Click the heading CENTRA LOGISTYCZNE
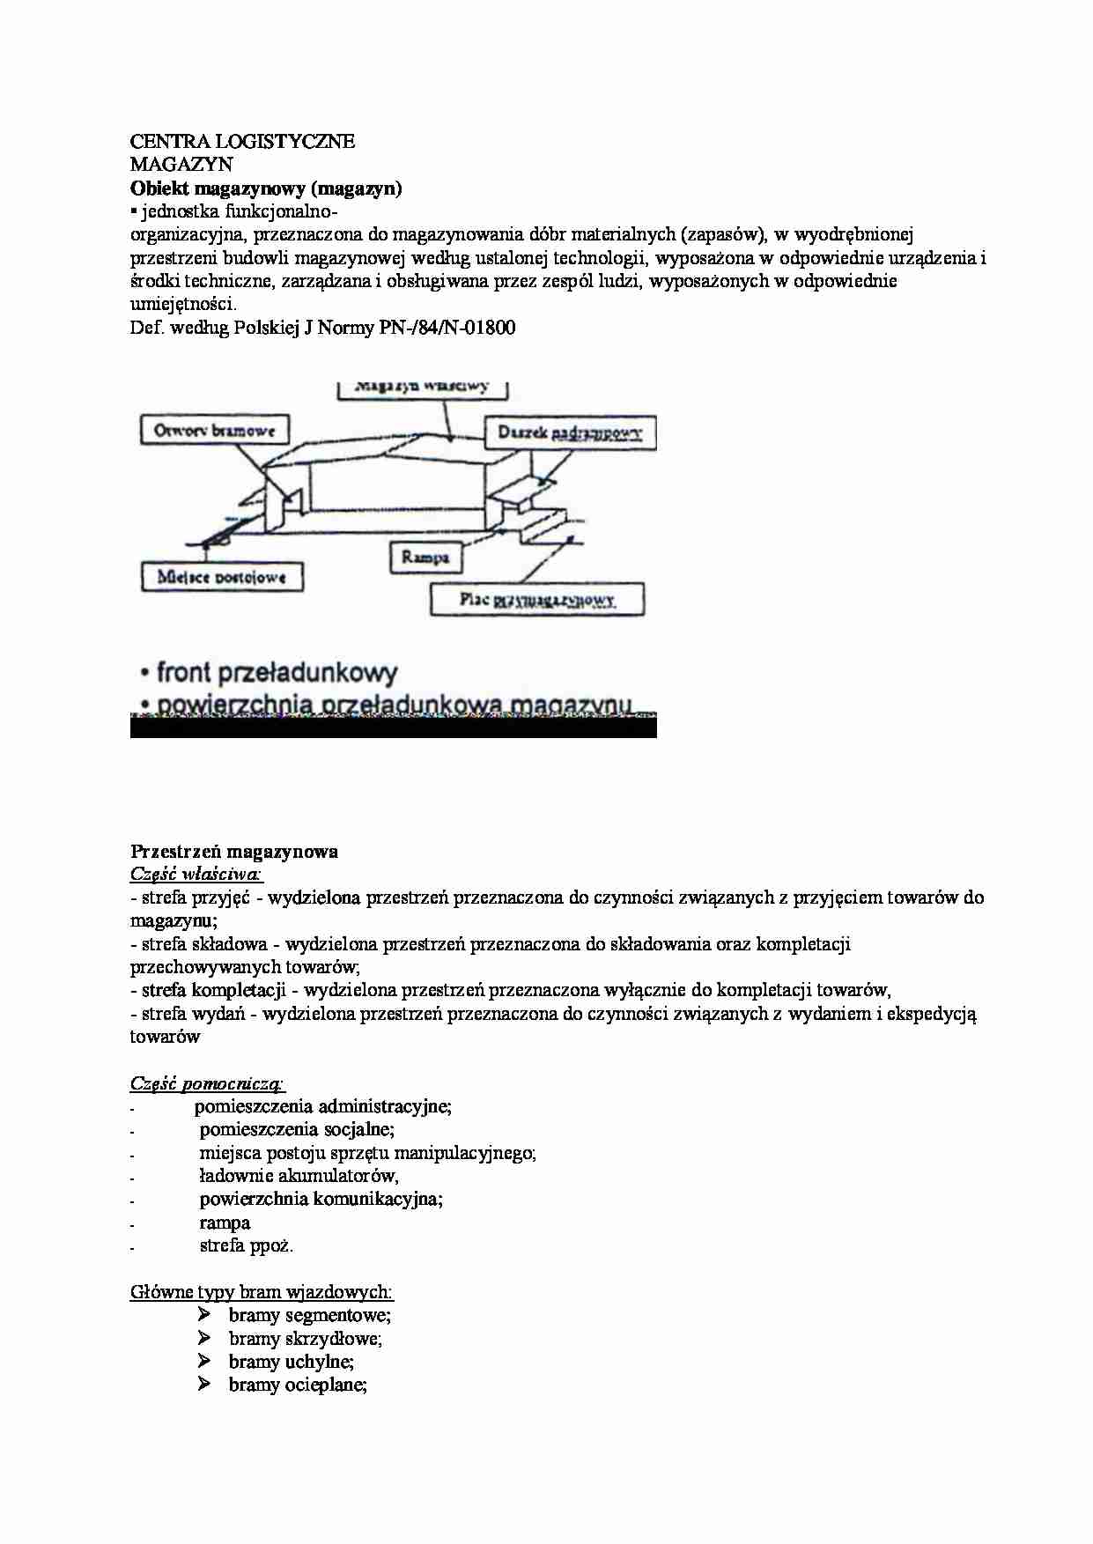pyautogui.click(x=242, y=141)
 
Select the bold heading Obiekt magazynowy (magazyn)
pyautogui.click(x=266, y=188)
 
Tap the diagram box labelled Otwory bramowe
pyautogui.click(x=215, y=431)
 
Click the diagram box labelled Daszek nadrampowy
pyautogui.click(x=570, y=432)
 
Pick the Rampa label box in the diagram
pyautogui.click(x=425, y=557)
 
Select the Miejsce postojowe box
pyautogui.click(x=222, y=577)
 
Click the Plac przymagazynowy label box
pyautogui.click(x=537, y=600)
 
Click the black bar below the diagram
pyautogui.click(x=393, y=728)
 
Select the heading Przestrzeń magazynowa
pyautogui.click(x=234, y=851)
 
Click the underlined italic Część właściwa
pyautogui.click(x=196, y=874)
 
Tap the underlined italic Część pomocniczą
pyautogui.click(x=207, y=1083)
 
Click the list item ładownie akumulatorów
pyautogui.click(x=299, y=1176)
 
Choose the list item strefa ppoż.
pyautogui.click(x=247, y=1245)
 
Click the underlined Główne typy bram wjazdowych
pyautogui.click(x=262, y=1292)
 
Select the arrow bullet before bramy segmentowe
pyautogui.click(x=204, y=1315)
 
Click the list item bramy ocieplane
pyautogui.click(x=298, y=1385)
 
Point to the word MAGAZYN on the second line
pyautogui.click(x=181, y=164)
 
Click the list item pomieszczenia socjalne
pyautogui.click(x=297, y=1129)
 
